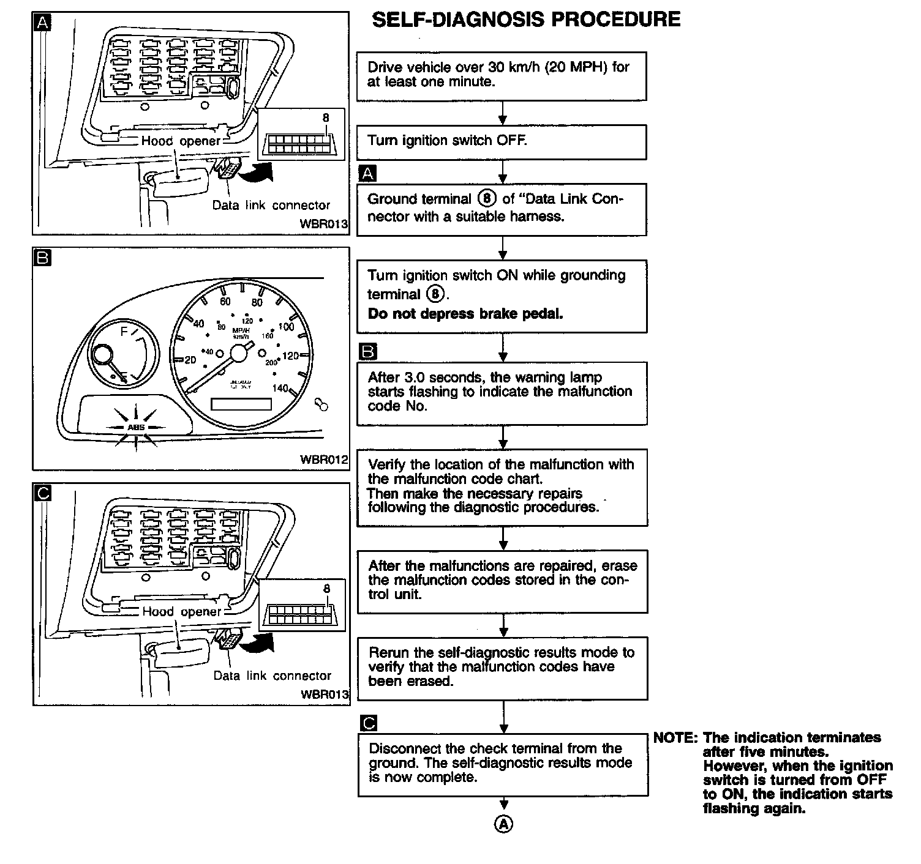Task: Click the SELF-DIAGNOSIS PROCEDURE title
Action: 526,19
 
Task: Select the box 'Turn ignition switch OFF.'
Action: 502,142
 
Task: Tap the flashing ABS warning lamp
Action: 136,426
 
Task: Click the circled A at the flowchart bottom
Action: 503,824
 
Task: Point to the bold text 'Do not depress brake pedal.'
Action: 465,314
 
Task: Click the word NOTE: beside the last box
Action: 675,737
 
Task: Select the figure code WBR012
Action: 323,459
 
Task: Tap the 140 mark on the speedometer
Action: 280,388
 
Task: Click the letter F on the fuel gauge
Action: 124,332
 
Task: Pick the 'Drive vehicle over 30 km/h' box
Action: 502,75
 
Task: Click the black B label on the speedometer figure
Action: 42,258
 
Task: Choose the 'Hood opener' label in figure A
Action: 180,141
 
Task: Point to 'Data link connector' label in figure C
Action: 272,676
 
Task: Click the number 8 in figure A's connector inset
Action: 326,118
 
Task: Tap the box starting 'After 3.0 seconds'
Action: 502,393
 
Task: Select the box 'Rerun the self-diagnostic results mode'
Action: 502,668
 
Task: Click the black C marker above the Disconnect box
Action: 369,723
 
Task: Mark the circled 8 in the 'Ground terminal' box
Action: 487,198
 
